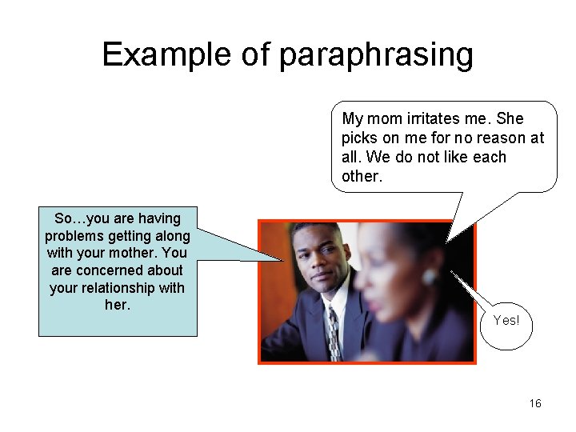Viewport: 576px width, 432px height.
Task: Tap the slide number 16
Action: click(535, 403)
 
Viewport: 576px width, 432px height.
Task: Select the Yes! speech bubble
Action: click(506, 321)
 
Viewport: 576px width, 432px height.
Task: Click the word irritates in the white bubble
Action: click(432, 118)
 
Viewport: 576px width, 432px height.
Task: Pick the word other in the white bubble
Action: click(361, 176)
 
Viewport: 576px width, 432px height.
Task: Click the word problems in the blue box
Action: click(72, 236)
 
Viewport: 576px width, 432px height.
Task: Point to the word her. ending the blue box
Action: click(117, 306)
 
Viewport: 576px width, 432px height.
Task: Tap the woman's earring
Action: click(430, 277)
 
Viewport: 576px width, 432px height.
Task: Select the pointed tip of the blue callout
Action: click(283, 260)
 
